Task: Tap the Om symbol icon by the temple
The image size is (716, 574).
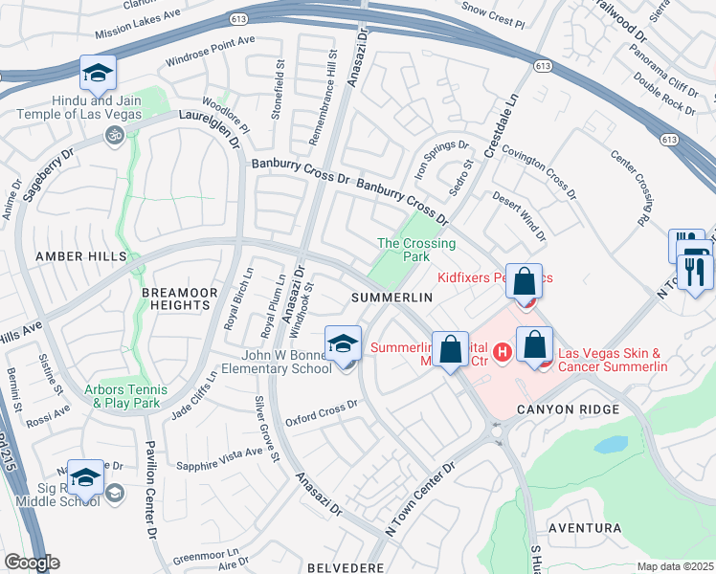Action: click(113, 136)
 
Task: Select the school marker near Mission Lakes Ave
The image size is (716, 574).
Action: click(99, 74)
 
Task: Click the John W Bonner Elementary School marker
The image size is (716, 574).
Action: click(343, 345)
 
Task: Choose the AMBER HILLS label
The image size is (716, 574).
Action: click(80, 256)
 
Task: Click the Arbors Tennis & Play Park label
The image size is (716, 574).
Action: click(125, 396)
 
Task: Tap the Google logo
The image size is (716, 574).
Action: click(32, 563)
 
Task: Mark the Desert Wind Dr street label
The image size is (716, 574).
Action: click(518, 216)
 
